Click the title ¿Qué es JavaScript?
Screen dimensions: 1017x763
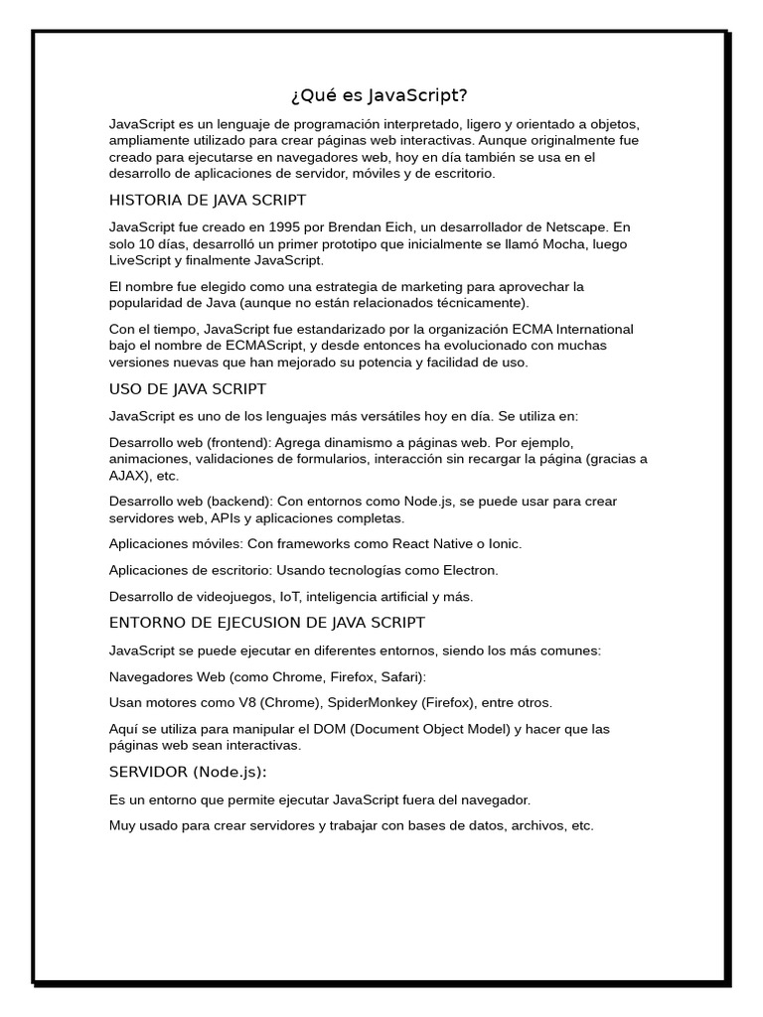pyautogui.click(x=380, y=95)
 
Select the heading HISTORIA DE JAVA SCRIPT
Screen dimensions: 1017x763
pyautogui.click(x=207, y=200)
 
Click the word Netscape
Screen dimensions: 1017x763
pyautogui.click(x=565, y=226)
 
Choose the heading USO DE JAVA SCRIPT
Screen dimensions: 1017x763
pyautogui.click(x=187, y=388)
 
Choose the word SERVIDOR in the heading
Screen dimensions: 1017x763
pyautogui.click(x=148, y=772)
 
